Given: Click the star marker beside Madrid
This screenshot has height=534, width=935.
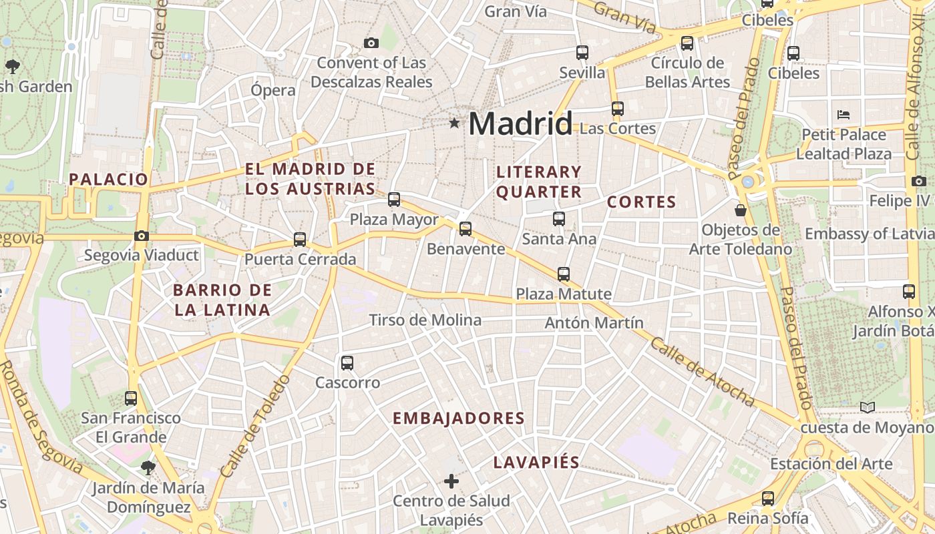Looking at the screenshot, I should (x=455, y=123).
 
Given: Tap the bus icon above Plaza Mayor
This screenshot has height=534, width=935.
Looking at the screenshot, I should (x=394, y=199).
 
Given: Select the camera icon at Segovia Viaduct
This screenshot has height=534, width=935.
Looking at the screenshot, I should (x=141, y=236).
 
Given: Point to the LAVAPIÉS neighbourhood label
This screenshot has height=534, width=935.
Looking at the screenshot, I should (x=536, y=463).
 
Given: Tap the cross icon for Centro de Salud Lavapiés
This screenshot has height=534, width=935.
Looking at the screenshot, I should (x=451, y=481).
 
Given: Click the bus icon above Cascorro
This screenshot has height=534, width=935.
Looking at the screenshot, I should (x=347, y=363).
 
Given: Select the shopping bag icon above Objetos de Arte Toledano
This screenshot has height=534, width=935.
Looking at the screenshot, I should (x=741, y=211).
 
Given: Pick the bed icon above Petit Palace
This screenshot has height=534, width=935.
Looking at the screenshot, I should (x=844, y=115).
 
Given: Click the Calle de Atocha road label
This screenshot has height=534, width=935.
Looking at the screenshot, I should (x=701, y=371).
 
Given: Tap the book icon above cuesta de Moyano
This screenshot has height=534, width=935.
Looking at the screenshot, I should (x=867, y=407).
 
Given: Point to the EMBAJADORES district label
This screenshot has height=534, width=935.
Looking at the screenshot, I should (x=458, y=419).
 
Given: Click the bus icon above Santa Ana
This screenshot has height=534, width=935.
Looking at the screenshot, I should (x=558, y=218).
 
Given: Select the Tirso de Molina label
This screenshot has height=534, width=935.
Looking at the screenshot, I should (x=425, y=320).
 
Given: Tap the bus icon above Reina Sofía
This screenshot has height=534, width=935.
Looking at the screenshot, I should (x=767, y=498).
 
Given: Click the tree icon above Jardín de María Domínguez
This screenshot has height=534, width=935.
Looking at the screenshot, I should (x=148, y=467).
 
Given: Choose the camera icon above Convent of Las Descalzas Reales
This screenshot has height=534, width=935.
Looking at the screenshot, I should (x=371, y=43).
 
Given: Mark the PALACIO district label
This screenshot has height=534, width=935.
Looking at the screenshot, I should (x=108, y=179).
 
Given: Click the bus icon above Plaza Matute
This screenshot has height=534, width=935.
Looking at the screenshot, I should (x=564, y=274).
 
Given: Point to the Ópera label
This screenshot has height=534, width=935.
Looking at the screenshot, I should (x=273, y=90).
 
